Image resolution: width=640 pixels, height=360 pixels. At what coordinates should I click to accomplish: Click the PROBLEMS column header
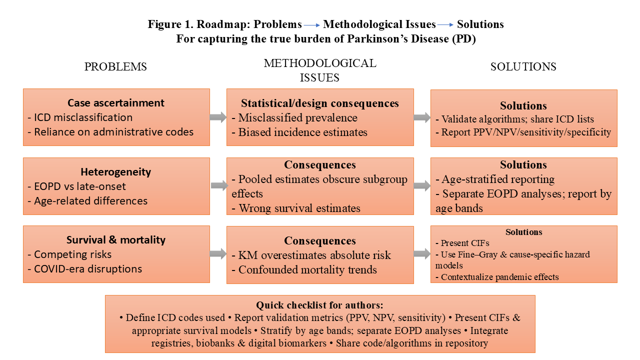(115, 67)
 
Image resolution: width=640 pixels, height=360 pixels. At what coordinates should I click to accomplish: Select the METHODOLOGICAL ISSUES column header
(320, 70)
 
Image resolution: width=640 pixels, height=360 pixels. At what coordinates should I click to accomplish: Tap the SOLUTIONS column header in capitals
(523, 67)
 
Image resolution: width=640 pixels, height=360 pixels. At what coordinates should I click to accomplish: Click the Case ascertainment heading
(116, 103)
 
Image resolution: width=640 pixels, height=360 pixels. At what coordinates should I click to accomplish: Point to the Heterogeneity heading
(116, 172)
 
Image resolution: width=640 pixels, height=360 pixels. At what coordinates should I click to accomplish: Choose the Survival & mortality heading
(116, 240)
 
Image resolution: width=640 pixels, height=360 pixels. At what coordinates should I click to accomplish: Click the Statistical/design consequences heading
(320, 103)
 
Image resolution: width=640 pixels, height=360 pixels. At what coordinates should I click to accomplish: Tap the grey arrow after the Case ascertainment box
(218, 117)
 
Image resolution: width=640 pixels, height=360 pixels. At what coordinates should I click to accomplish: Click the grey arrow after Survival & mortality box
(218, 254)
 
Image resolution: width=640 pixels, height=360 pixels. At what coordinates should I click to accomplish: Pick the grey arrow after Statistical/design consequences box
(422, 117)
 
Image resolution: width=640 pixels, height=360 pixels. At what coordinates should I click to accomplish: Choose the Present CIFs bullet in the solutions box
(462, 243)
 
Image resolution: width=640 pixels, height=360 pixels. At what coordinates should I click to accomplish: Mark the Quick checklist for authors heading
(320, 305)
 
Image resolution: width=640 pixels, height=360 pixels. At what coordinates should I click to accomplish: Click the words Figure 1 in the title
(169, 24)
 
